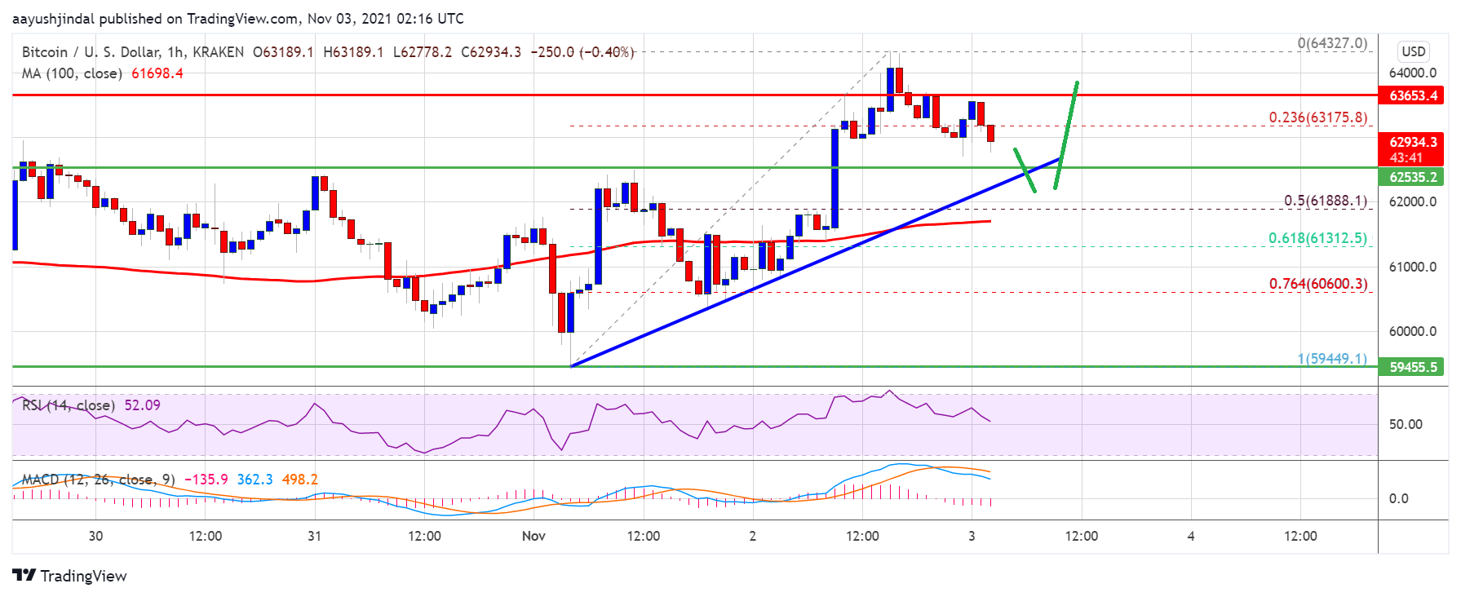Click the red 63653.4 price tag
click(1413, 95)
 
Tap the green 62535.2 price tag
click(1413, 177)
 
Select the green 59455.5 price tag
click(1413, 367)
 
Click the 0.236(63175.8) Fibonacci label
click(1317, 117)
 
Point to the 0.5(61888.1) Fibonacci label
click(1325, 201)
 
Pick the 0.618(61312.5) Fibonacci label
click(1317, 238)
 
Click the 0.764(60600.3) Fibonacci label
click(1317, 284)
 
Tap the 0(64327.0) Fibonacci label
click(1332, 43)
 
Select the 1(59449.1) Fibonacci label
click(1332, 358)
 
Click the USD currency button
click(1413, 51)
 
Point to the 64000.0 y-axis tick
click(1412, 73)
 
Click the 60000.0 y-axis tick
click(1412, 331)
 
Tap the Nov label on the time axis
click(533, 536)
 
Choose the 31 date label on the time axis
click(314, 536)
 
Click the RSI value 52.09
click(142, 405)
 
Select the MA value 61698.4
click(157, 73)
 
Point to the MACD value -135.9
click(206, 480)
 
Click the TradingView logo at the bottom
click(70, 576)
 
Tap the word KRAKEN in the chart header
click(218, 52)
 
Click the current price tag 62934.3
click(1413, 142)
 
